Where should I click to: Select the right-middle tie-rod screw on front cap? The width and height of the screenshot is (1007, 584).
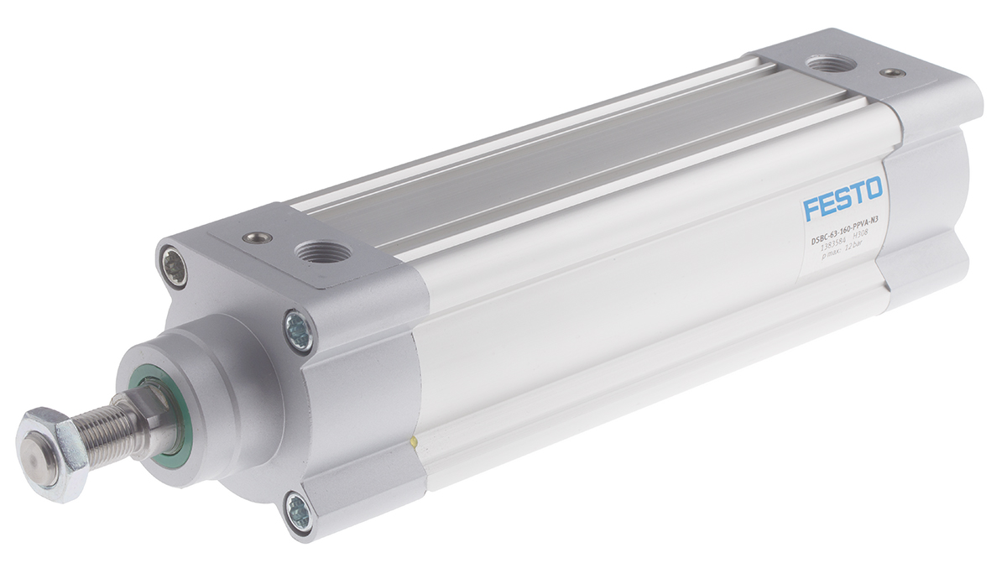[x=298, y=331]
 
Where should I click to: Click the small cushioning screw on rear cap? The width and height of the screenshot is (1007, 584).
[x=895, y=73]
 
